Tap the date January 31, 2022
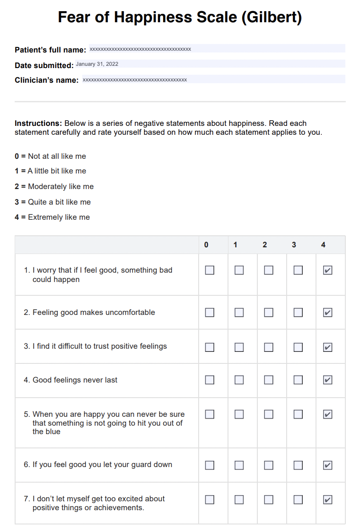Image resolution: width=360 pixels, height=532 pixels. (x=97, y=64)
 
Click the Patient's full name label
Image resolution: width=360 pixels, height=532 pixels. (x=50, y=50)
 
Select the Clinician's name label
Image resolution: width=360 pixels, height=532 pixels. (x=47, y=81)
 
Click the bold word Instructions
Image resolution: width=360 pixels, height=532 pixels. (x=38, y=123)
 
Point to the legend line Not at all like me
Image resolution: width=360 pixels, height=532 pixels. (x=50, y=156)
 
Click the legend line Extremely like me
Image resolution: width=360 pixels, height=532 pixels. (x=52, y=217)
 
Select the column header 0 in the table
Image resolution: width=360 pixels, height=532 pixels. (x=206, y=245)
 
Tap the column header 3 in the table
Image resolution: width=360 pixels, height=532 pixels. (x=294, y=245)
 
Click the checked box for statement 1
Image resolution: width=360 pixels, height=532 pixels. (x=328, y=270)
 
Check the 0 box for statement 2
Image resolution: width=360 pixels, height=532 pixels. (x=209, y=312)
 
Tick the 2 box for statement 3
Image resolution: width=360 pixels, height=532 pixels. (x=268, y=347)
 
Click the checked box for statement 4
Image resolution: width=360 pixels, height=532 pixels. (x=328, y=380)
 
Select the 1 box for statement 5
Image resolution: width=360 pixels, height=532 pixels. (x=239, y=414)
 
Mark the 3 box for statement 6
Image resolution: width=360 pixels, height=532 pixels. (x=298, y=465)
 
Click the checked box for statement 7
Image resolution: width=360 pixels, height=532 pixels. (x=328, y=500)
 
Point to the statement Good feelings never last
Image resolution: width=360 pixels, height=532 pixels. (x=75, y=380)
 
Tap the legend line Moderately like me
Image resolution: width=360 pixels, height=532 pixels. (x=54, y=186)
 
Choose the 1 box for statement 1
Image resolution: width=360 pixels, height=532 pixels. (x=239, y=270)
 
